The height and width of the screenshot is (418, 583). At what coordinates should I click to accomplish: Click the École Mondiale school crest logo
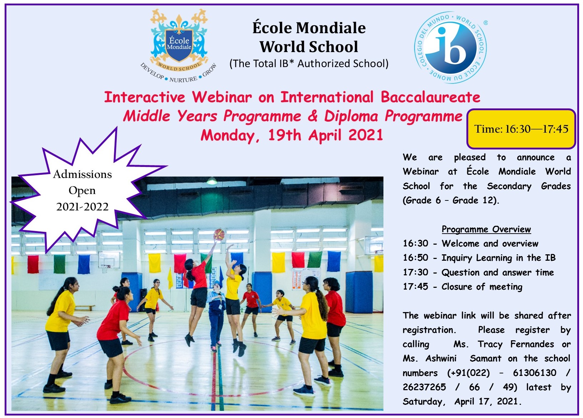point(179,46)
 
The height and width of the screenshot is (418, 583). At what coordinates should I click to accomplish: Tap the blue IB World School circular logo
point(451,47)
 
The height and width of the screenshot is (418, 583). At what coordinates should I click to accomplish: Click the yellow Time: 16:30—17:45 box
point(521,129)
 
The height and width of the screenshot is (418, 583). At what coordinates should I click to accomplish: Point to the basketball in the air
point(219,234)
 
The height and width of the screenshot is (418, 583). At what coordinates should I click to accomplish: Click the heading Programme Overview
point(486,229)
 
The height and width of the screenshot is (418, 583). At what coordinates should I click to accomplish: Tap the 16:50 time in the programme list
point(416,258)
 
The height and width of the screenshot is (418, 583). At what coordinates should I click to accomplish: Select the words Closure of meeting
point(482,286)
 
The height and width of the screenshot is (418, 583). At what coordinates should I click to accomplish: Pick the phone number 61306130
point(534,373)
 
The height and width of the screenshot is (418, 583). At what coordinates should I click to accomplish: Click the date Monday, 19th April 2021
point(292,135)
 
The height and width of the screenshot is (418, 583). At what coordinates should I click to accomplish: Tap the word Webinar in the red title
point(222,97)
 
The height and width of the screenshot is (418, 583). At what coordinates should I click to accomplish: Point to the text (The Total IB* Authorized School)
point(309,63)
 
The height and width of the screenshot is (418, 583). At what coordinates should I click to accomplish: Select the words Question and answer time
point(498,272)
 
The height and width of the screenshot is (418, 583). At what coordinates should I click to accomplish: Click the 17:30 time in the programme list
point(416,272)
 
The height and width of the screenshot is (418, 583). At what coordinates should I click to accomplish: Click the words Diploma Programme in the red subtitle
point(393,116)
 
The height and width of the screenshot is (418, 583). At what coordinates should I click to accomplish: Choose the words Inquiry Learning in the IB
point(499,258)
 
